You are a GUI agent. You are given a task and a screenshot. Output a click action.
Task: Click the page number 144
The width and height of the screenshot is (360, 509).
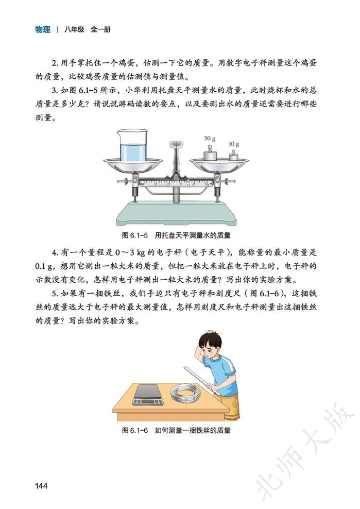pyautogui.click(x=42, y=485)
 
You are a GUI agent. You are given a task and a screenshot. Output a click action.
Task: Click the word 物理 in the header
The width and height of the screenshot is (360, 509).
pyautogui.click(x=43, y=29)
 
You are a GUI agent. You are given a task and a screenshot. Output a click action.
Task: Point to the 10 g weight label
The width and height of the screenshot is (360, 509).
pyautogui.click(x=234, y=144)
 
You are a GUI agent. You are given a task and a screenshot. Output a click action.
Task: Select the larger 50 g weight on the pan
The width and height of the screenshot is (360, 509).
pyautogui.click(x=210, y=153)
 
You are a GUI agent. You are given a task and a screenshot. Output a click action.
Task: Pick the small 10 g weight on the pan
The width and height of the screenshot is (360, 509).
pyautogui.click(x=234, y=156)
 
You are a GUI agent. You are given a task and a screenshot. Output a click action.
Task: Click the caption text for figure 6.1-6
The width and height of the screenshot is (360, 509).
pyautogui.click(x=177, y=430)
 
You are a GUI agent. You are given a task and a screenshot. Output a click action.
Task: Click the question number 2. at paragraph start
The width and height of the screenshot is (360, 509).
pyautogui.click(x=56, y=63)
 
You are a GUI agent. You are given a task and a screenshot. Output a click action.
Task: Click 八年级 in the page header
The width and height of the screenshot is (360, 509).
pyautogui.click(x=75, y=29)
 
